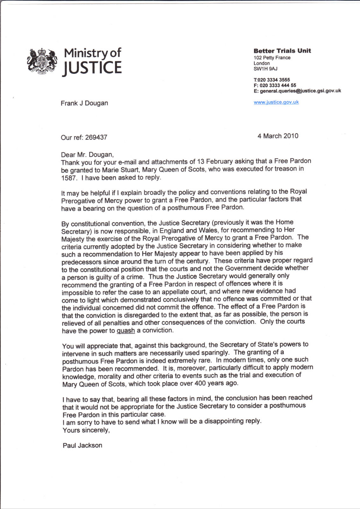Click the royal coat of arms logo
[x=42, y=61]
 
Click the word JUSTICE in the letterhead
[x=92, y=68]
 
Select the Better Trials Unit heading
[x=282, y=51]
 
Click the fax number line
[x=275, y=85]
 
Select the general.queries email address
[x=300, y=91]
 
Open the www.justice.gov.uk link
[x=276, y=102]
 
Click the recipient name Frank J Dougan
[x=84, y=103]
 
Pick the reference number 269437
[x=96, y=137]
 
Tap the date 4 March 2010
[x=278, y=136]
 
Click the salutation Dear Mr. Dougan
[x=87, y=155]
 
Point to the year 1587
[x=69, y=178]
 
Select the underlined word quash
[x=126, y=331]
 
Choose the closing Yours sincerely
[x=86, y=430]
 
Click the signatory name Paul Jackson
[x=82, y=445]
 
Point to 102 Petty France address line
[x=272, y=58]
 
